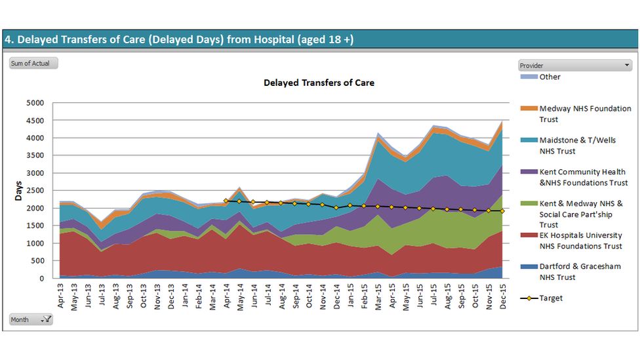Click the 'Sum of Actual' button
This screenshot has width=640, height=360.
[x=33, y=64]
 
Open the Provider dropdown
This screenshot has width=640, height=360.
[x=574, y=66]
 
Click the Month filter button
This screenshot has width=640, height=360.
[x=31, y=319]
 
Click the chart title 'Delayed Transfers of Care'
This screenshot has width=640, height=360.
[x=319, y=83]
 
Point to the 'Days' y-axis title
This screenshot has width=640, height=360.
[x=18, y=190]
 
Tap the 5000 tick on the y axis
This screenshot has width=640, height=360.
[x=34, y=103]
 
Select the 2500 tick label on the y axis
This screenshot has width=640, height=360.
[x=34, y=191]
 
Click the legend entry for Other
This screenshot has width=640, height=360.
[x=550, y=77]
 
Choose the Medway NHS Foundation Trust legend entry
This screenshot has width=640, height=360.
[x=585, y=114]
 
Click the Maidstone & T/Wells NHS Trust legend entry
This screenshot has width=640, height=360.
[x=577, y=146]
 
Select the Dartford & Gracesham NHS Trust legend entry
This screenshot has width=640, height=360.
[x=580, y=271]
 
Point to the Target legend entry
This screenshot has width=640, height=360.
[x=551, y=298]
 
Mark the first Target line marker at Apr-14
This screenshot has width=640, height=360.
[x=226, y=201]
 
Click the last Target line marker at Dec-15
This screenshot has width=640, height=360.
[x=502, y=211]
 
